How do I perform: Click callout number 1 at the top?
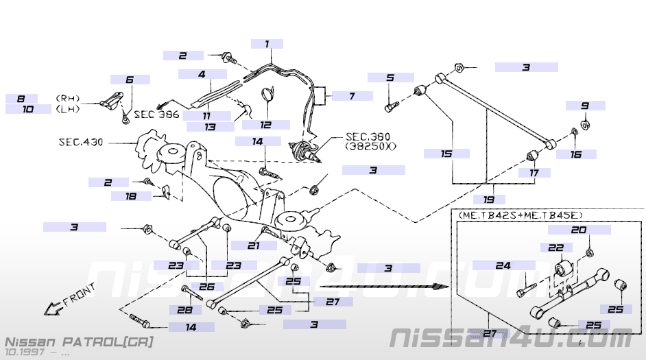[267, 44]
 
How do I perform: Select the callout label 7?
[352, 96]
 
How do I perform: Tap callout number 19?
[489, 200]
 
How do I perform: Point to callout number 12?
[265, 124]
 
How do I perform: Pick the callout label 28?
[184, 310]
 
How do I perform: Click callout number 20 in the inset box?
[579, 230]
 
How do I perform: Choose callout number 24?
[503, 265]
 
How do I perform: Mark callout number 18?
[130, 196]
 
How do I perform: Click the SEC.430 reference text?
[81, 142]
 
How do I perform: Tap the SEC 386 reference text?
[156, 114]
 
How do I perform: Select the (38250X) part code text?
[371, 146]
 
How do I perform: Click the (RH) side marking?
[68, 99]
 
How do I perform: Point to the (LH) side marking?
[68, 109]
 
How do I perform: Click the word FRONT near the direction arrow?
[79, 295]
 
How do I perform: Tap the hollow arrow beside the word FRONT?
[53, 309]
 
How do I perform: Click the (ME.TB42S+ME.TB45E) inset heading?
[521, 215]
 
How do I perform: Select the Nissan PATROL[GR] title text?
[79, 342]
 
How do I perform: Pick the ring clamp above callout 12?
[267, 93]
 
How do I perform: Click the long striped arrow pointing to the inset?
[384, 286]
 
